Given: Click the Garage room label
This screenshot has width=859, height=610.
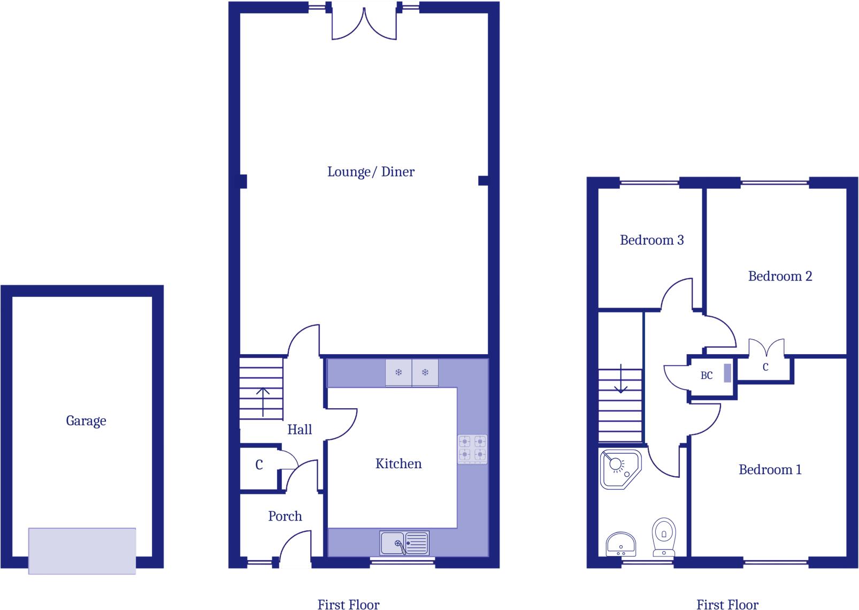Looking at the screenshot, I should point(86,421).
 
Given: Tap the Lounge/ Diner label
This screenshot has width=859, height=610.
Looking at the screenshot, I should point(371,172).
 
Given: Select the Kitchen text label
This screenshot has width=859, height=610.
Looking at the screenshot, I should point(398,464).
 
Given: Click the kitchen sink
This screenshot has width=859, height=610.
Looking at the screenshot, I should point(404,543).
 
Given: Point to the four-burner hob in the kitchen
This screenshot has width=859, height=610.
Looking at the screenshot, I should point(472,448).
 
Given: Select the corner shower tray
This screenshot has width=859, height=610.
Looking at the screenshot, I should point(620,469).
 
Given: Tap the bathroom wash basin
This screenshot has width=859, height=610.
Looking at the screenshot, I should point(620,544).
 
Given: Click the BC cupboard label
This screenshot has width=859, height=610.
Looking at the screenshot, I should point(707,376).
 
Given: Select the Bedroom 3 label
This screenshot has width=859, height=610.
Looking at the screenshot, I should point(651,240).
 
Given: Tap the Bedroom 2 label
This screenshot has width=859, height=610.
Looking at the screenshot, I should point(780,277).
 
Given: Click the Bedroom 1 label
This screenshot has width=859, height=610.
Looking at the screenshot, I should point(770,470).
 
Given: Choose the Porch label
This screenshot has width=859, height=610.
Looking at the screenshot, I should point(285,516).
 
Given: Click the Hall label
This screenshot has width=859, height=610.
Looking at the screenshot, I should point(300,430).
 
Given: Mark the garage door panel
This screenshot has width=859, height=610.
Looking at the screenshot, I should point(82,551).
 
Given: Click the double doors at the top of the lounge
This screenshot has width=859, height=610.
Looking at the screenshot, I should point(364,24).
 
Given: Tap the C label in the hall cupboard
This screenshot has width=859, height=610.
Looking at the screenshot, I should point(259,465).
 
